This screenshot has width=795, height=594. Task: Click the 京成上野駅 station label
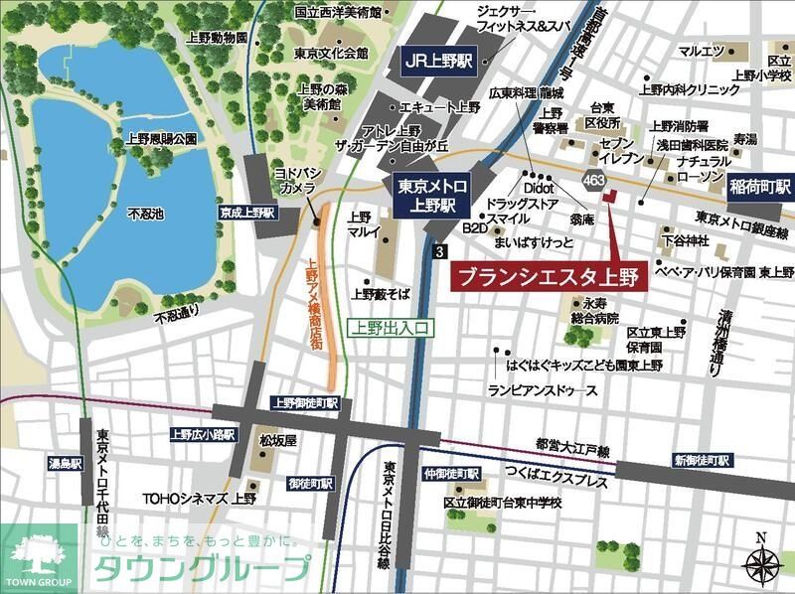pyautogui.click(x=248, y=213)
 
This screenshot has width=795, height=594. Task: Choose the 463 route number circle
pyautogui.click(x=595, y=180)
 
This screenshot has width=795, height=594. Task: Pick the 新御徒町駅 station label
pyautogui.click(x=702, y=461)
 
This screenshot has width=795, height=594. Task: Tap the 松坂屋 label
pyautogui.click(x=271, y=438)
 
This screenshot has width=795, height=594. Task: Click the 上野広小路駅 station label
pyautogui.click(x=202, y=434)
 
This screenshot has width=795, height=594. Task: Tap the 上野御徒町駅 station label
pyautogui.click(x=305, y=403)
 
